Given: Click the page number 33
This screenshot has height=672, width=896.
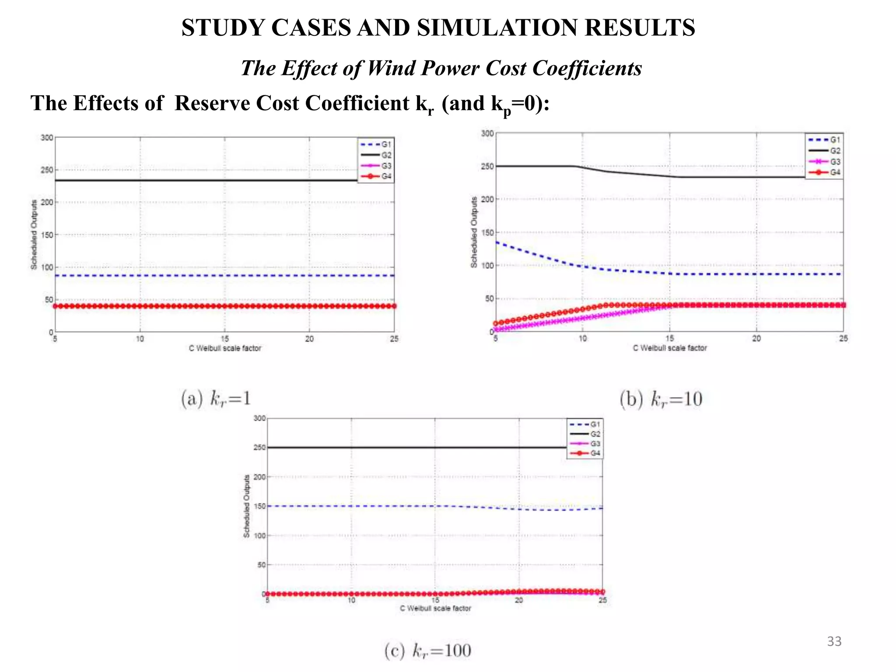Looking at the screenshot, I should point(834,641).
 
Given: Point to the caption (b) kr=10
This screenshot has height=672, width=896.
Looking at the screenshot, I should point(661,399).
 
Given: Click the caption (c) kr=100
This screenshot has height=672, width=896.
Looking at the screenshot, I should point(428,651).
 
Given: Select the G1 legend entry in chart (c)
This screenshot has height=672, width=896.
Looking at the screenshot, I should point(585,424).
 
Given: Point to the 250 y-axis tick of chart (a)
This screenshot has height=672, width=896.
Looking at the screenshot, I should point(47,170).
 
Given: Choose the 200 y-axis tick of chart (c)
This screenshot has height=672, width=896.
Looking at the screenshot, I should point(260,477).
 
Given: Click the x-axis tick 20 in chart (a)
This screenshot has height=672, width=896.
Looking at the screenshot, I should point(309,339).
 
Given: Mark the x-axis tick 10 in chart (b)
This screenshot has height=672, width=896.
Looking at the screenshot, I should point(583,339).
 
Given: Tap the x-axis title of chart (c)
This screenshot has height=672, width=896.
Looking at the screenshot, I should point(435,608).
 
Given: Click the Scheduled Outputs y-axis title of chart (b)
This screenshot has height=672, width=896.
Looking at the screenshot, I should point(474,232).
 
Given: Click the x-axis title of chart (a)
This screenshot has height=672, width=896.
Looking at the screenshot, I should point(225,348).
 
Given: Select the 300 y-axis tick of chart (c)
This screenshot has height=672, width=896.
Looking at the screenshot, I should point(260,418).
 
